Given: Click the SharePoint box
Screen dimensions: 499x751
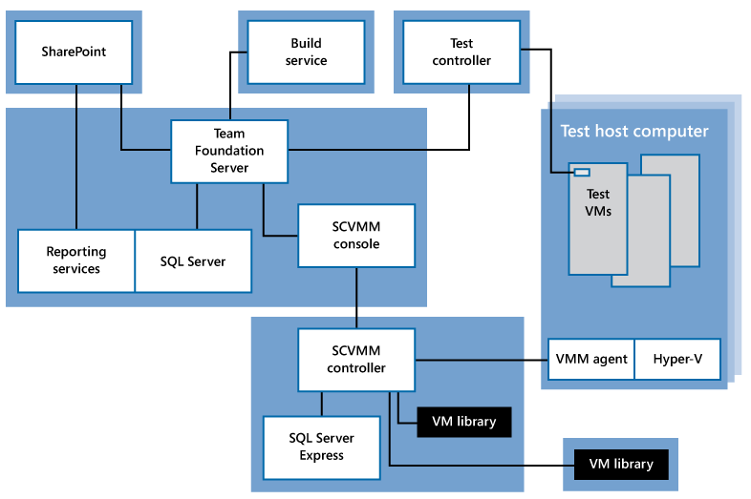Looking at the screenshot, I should click(74, 52).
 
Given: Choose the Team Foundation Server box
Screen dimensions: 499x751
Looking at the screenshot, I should click(229, 151).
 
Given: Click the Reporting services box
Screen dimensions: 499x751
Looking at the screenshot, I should click(76, 260).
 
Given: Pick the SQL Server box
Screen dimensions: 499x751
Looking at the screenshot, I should click(193, 260).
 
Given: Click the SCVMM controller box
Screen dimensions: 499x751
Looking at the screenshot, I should click(356, 360).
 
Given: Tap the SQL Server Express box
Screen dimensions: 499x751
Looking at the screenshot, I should click(321, 446).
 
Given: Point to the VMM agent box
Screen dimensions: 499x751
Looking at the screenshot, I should click(591, 359).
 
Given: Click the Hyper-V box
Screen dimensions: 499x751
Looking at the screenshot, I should click(677, 359).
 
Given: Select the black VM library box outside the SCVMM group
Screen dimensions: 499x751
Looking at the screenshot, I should click(621, 464).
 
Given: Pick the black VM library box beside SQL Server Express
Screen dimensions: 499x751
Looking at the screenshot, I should click(464, 422).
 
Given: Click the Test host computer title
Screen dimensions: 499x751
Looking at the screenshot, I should click(634, 132).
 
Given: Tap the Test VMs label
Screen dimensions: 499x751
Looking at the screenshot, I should click(598, 203).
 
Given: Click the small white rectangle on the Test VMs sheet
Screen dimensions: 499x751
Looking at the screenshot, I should click(582, 173).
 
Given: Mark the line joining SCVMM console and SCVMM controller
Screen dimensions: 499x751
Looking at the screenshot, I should click(356, 298).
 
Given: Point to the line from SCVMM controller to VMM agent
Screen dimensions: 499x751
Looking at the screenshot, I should click(482, 360).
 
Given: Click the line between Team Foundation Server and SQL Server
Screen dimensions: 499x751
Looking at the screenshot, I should click(198, 206).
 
